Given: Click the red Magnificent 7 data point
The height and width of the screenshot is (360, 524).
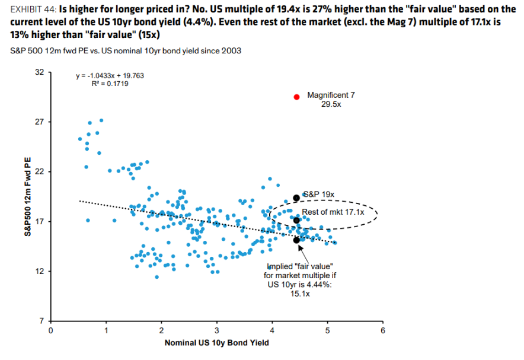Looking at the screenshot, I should point(296,97).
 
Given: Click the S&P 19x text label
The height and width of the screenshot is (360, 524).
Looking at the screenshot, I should point(320,194).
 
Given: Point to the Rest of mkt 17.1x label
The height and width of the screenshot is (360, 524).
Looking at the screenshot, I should point(333,212).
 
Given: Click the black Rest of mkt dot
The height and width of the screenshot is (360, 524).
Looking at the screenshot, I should point(296,220).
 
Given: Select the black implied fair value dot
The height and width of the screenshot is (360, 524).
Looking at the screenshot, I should point(296,240).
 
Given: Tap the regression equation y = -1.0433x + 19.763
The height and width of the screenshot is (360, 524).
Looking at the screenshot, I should point(110,76).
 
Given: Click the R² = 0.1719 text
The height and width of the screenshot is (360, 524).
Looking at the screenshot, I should point(110,84).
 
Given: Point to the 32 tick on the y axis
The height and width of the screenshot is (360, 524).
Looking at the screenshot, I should point(39,72).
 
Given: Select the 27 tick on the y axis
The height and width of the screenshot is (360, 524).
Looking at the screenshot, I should point(39,122).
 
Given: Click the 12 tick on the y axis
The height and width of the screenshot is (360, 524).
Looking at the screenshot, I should point(39,272).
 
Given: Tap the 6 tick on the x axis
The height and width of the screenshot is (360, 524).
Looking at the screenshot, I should point(383,330).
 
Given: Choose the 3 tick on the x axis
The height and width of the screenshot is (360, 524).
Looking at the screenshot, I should point(217,330).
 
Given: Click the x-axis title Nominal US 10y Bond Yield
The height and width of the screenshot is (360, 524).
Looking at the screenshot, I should point(216,343).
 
